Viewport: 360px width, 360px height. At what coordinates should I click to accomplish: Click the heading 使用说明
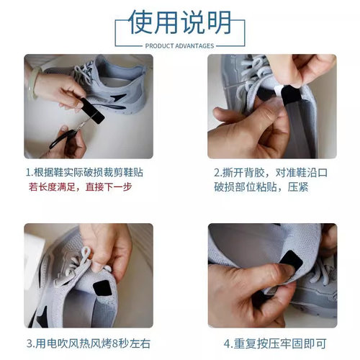(x=179, y=22)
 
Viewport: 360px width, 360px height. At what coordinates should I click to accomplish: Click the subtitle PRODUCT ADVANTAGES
(x=179, y=45)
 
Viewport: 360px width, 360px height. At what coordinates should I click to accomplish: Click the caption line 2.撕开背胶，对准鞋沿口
(x=272, y=174)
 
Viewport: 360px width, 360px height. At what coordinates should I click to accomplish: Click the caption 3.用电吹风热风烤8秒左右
(x=89, y=343)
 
